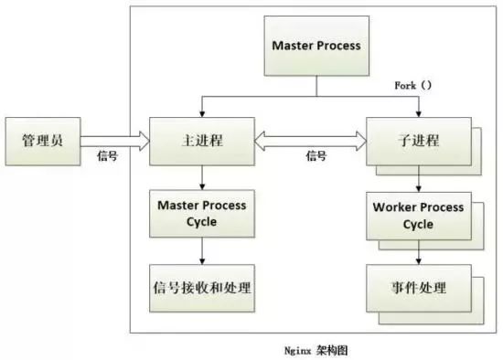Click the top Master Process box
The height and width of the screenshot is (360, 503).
tap(316, 46)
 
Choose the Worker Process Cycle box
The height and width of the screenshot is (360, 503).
tap(419, 213)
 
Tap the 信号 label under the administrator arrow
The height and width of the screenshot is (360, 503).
tap(107, 156)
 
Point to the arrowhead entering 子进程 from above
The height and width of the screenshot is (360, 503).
tap(419, 111)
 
